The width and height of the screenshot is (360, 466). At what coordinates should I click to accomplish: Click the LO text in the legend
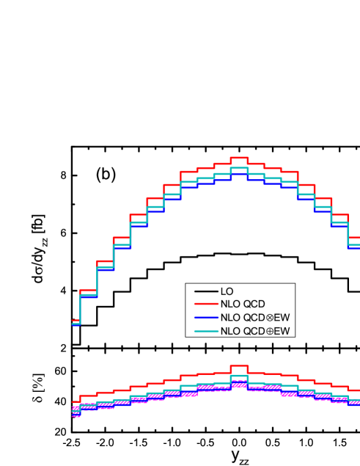click(227, 292)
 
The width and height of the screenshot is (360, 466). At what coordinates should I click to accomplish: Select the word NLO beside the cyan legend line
click(230, 331)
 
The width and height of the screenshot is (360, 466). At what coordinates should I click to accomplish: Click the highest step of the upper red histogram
click(239, 158)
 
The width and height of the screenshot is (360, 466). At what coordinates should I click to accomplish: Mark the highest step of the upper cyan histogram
click(239, 168)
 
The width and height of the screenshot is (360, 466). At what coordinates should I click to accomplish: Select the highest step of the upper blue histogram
click(239, 174)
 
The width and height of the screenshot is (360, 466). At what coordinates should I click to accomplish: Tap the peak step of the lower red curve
click(239, 365)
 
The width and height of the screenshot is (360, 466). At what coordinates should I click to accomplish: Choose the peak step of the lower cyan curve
click(239, 375)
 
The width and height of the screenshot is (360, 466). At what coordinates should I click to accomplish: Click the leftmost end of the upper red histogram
click(74, 321)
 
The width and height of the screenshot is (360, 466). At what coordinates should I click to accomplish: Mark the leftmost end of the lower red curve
click(74, 402)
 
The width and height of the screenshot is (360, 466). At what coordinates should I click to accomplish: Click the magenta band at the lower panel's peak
click(239, 384)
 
